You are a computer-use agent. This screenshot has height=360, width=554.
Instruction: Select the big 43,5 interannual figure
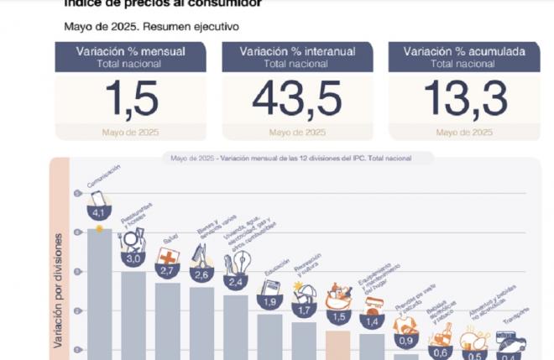point(297,99)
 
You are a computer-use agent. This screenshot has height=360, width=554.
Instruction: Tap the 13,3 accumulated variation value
point(464,99)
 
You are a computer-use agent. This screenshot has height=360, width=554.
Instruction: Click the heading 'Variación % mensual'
point(130,51)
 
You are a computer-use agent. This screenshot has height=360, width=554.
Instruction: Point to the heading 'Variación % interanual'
point(297,51)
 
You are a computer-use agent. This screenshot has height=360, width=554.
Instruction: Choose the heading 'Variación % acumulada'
point(464,51)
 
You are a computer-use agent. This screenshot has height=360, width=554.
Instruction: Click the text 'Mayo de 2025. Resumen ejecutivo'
point(151,26)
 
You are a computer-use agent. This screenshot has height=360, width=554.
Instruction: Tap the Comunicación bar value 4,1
point(100,213)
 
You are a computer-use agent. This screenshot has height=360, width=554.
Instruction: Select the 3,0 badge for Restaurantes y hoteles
point(133,259)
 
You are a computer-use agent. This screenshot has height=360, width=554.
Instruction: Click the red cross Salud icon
point(168,256)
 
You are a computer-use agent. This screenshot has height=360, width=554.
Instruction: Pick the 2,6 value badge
point(202,274)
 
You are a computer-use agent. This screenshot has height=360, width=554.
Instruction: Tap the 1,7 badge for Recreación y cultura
point(304,310)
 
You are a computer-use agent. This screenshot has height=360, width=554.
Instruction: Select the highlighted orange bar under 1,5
point(337,344)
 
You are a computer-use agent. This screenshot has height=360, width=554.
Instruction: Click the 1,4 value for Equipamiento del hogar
point(372,321)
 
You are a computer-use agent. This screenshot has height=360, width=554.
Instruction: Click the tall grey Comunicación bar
point(100,294)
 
